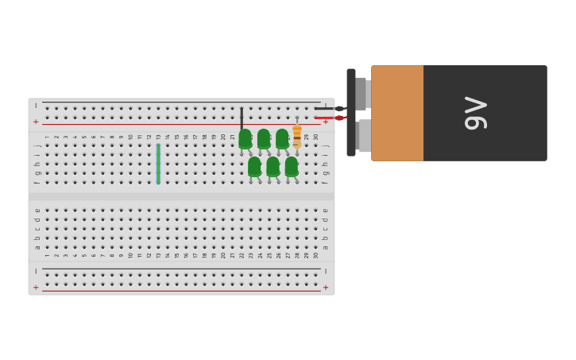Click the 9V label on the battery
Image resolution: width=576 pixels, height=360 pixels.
(x=475, y=113)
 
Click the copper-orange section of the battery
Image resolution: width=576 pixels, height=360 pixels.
(x=397, y=113)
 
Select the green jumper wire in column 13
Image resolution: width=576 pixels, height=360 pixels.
(x=158, y=164)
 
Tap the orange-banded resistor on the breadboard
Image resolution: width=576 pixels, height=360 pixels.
(x=297, y=135)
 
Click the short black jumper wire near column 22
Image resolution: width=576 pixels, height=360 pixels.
(x=242, y=118)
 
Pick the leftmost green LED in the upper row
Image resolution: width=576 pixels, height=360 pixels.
(x=245, y=139)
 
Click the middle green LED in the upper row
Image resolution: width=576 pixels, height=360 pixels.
(x=264, y=139)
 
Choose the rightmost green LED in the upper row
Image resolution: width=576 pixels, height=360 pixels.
(x=282, y=139)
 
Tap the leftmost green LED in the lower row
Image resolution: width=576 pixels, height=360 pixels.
(x=254, y=166)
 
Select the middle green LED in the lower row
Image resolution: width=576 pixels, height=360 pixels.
(x=273, y=166)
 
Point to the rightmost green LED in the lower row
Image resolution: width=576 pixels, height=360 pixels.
(x=292, y=166)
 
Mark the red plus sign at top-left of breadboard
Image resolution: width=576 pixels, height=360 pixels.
(x=36, y=122)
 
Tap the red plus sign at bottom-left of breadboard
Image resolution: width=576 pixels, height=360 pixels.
(x=36, y=287)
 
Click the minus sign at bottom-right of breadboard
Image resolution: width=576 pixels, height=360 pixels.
(x=325, y=272)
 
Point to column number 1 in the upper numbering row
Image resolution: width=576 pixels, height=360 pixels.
(x=47, y=137)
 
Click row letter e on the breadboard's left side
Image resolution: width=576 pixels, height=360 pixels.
(x=37, y=211)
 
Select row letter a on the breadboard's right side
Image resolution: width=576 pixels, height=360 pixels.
(x=325, y=247)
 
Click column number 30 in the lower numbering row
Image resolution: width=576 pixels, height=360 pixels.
(x=315, y=255)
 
